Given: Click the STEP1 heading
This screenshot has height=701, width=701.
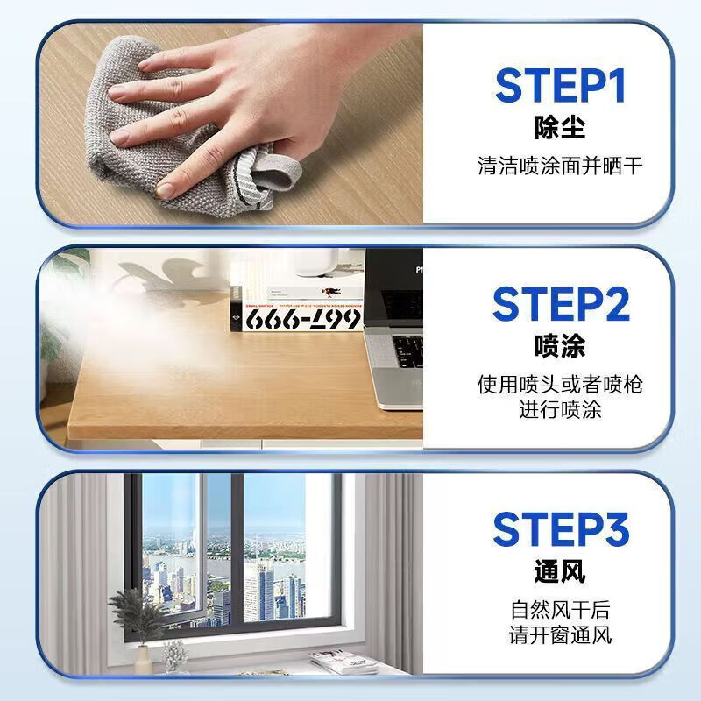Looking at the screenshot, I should pyautogui.click(x=560, y=86).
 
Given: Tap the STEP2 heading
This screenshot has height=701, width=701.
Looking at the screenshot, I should pyautogui.click(x=560, y=304).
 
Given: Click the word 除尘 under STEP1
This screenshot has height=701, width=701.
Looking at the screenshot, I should pyautogui.click(x=560, y=128).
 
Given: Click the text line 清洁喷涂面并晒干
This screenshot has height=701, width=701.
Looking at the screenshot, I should pyautogui.click(x=560, y=165).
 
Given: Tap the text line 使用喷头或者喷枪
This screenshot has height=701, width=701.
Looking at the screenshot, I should pyautogui.click(x=560, y=384).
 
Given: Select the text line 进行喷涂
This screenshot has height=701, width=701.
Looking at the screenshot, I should pyautogui.click(x=560, y=408).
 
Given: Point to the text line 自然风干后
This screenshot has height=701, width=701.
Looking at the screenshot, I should pyautogui.click(x=560, y=609).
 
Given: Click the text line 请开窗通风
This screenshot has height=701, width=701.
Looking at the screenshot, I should pyautogui.click(x=560, y=634).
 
